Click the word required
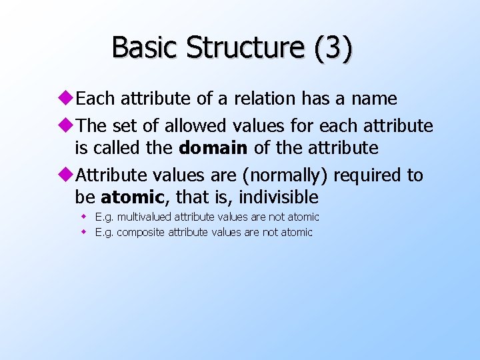(369, 175)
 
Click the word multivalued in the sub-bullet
(143, 217)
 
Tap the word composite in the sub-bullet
(141, 233)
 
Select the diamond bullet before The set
(69, 125)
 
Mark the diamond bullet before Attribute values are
(69, 175)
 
